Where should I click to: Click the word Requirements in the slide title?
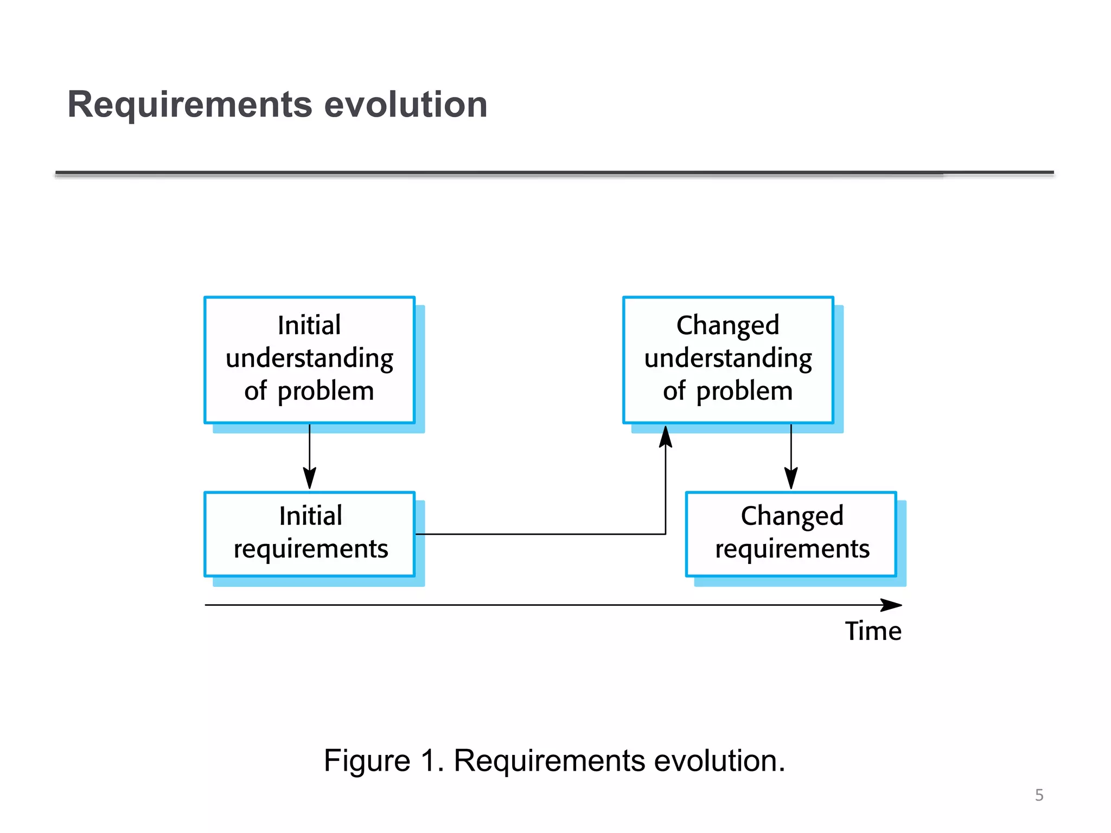[190, 105]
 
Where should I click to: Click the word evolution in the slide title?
[405, 105]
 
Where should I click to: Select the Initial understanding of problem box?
[309, 360]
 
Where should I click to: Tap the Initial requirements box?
[309, 534]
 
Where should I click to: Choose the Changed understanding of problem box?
[728, 360]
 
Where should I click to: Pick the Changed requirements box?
[791, 534]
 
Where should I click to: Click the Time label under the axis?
[873, 631]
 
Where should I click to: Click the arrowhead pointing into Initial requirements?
[309, 479]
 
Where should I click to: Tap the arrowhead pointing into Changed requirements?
[791, 479]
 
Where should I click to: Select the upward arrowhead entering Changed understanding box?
[666, 437]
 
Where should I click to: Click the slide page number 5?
[1039, 795]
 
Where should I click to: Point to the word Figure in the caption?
[367, 760]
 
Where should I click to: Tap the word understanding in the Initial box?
[309, 359]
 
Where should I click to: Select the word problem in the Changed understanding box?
[744, 392]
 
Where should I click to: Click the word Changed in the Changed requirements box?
[792, 516]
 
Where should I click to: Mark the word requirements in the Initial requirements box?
[311, 549]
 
